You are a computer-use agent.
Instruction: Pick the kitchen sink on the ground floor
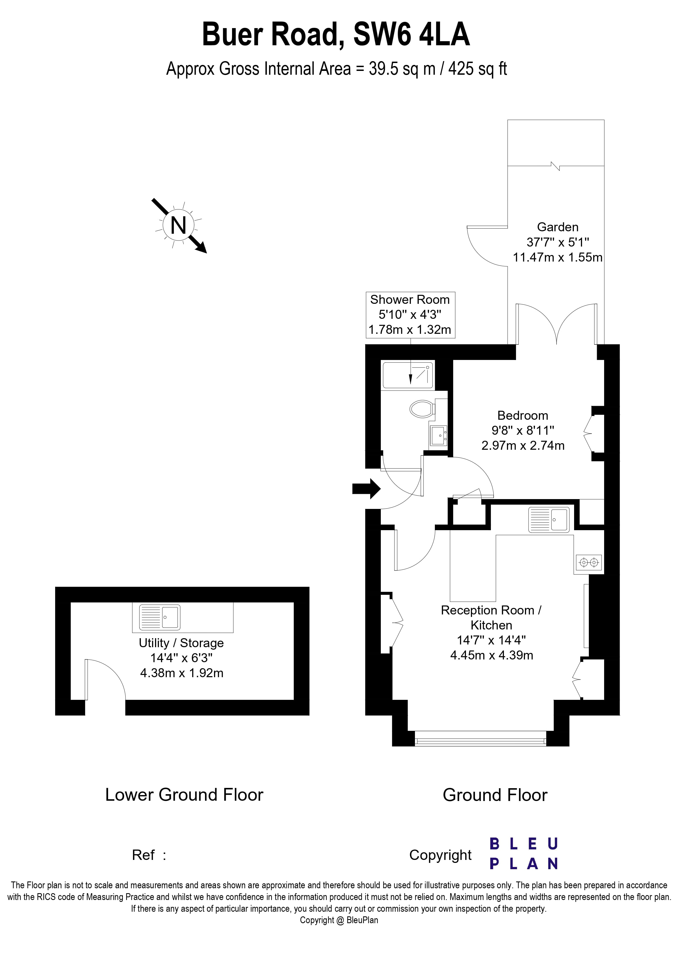(x=548, y=520)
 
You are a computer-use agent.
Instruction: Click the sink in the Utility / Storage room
(x=159, y=617)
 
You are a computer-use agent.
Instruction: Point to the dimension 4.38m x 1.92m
(x=182, y=673)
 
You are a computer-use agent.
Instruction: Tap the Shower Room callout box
(x=410, y=315)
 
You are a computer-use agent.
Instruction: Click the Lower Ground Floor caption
(x=184, y=795)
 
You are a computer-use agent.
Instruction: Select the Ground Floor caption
(x=495, y=795)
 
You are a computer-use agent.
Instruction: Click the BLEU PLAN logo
(x=524, y=854)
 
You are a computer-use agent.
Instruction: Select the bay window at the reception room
(x=480, y=741)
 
